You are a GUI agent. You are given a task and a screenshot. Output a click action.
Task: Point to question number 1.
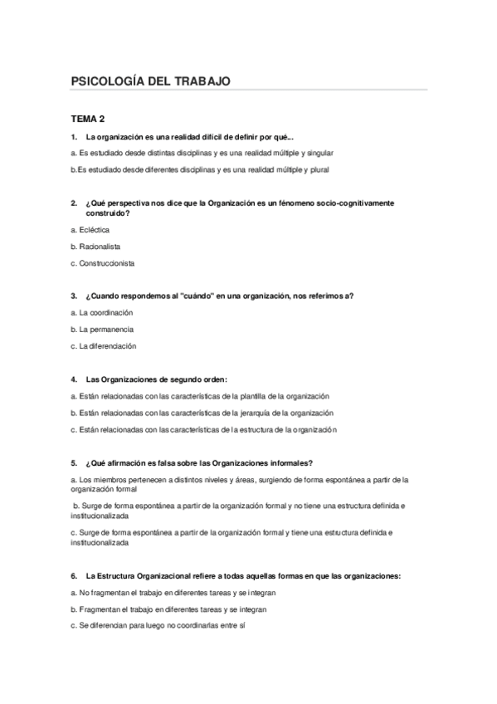click(x=75, y=136)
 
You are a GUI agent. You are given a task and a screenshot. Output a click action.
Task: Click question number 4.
click(x=75, y=379)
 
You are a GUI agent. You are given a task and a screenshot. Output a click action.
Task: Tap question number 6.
click(x=75, y=575)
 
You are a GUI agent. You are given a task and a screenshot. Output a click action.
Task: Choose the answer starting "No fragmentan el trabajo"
click(x=173, y=593)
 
